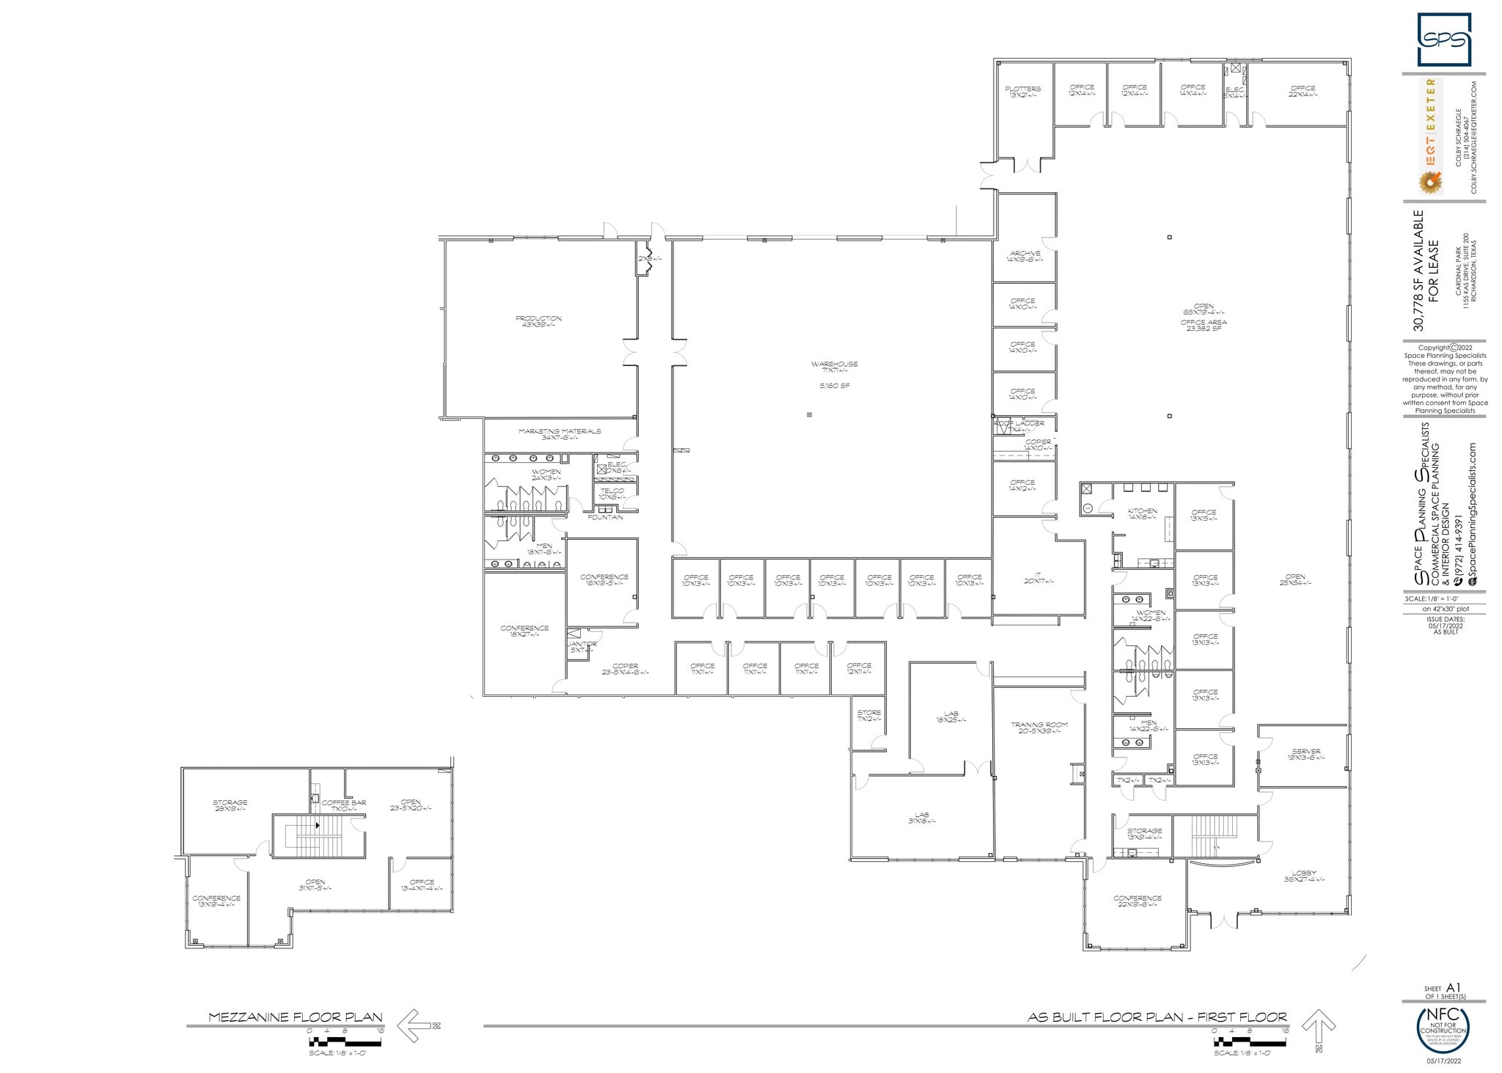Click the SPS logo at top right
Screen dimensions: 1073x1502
(1443, 40)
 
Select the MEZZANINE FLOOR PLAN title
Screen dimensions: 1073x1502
(296, 1017)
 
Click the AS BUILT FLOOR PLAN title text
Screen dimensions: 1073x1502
(1157, 1017)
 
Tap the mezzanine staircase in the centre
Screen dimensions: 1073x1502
(318, 835)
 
